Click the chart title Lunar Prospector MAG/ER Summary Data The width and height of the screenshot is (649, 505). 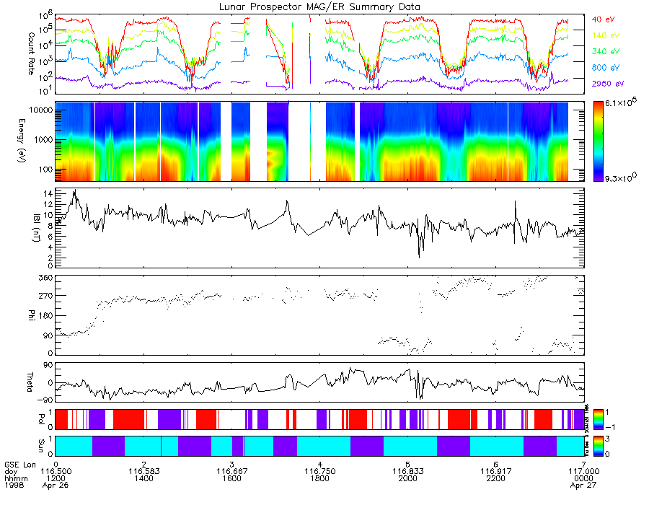[319, 6]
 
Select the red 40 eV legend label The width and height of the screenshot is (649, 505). [604, 19]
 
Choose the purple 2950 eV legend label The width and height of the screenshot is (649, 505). [607, 84]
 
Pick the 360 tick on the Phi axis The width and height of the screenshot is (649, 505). [44, 278]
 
